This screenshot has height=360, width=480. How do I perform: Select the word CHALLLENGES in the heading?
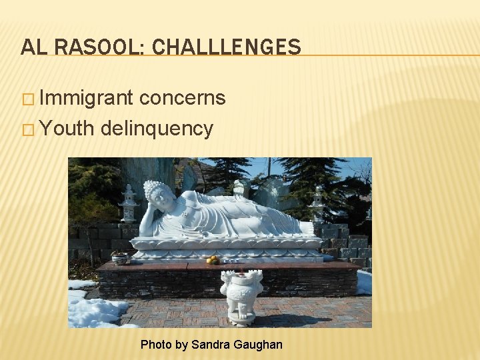[227, 47]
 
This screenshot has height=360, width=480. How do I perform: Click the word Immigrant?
[86, 99]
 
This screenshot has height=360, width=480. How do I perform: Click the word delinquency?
[157, 128]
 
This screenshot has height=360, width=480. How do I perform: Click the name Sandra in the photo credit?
[213, 345]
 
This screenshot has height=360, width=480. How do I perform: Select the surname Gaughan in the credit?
[259, 345]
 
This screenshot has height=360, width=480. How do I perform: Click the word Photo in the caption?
[156, 345]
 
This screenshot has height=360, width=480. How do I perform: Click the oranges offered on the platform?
[213, 260]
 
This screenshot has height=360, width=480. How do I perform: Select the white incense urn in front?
[241, 293]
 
